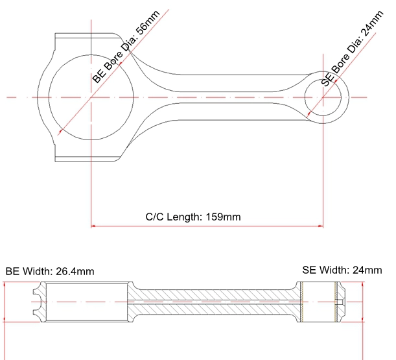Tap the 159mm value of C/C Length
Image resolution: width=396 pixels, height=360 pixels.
223,217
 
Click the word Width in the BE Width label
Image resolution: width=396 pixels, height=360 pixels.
38,271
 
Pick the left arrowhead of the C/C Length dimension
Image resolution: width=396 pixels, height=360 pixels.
93,226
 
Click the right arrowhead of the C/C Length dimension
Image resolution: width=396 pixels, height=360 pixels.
321,226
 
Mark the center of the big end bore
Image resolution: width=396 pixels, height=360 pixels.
91,97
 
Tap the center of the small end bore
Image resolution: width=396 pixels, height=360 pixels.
323,97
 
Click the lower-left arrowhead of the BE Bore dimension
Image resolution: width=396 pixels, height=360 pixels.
61,132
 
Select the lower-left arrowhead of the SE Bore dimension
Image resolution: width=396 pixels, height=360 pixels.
309,115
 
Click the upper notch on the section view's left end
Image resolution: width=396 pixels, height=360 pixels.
37,293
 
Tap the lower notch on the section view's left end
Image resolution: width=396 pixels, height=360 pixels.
37,311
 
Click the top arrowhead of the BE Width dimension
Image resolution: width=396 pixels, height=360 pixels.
5,285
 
